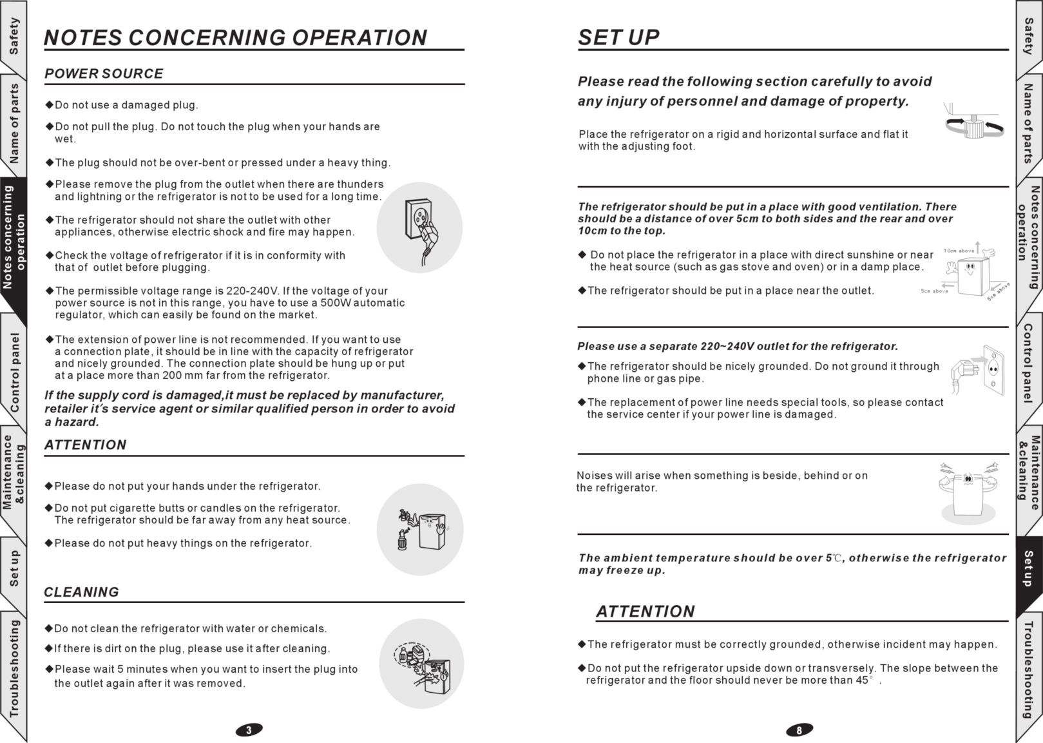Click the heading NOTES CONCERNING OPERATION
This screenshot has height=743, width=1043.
tap(235, 37)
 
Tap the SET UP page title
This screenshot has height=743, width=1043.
tap(618, 37)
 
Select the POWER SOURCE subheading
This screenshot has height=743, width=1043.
tap(104, 73)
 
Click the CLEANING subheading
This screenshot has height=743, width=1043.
tap(81, 592)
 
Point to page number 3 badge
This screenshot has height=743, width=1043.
tap(249, 730)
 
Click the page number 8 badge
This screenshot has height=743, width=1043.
tap(799, 730)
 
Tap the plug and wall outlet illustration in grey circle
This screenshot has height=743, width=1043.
tap(419, 227)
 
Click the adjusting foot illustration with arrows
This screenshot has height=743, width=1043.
tap(974, 124)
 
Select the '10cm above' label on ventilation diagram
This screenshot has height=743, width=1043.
tap(959, 251)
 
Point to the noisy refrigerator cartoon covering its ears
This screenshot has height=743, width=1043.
tap(968, 490)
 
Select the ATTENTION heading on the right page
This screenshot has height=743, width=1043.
tap(645, 611)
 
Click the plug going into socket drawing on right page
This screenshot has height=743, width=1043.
tap(978, 371)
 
